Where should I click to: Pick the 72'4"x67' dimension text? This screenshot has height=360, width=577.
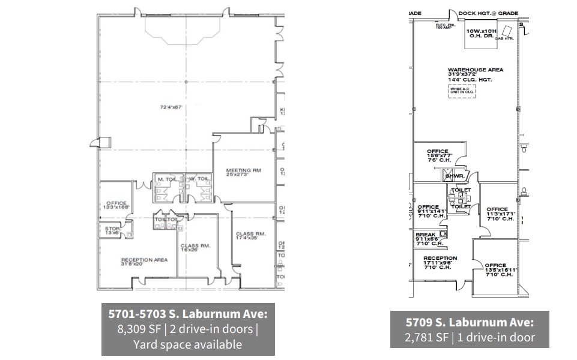pyautogui.click(x=171, y=107)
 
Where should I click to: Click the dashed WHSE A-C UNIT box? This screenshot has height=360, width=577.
pyautogui.click(x=462, y=91)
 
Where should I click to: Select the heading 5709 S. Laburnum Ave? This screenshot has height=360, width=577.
pyautogui.click(x=469, y=323)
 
